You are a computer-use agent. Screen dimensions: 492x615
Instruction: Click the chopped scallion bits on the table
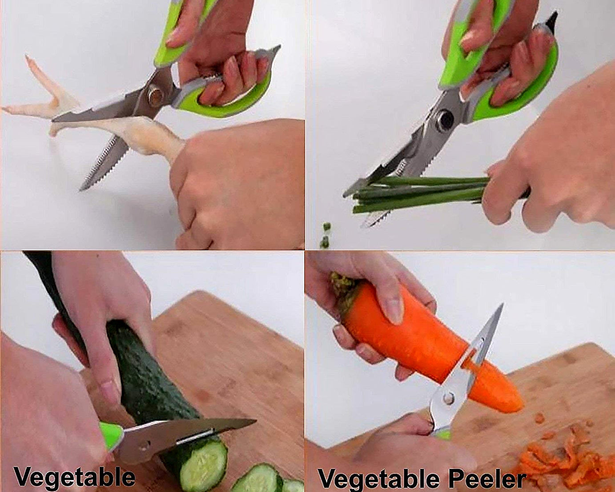326,236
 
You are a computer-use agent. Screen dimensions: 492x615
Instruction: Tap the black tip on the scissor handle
551,20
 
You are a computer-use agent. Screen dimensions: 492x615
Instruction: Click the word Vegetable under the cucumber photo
74,477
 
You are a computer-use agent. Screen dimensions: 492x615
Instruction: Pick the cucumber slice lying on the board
257,480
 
